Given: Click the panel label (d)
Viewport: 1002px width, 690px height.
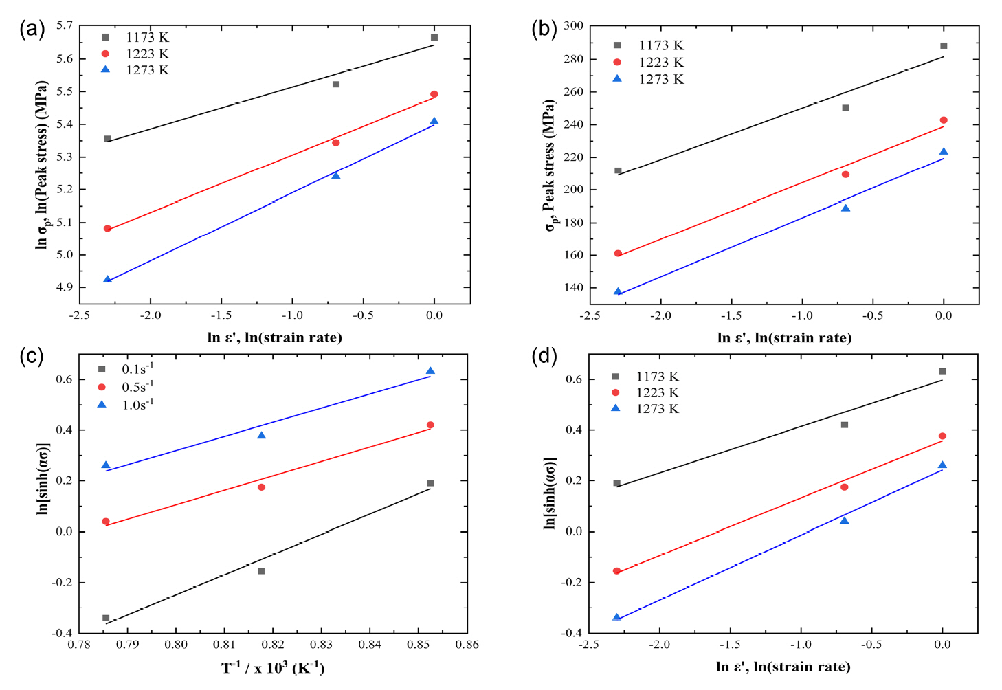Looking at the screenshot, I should pyautogui.click(x=544, y=356).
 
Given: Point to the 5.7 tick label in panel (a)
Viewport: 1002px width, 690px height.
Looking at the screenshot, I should pyautogui.click(x=65, y=25).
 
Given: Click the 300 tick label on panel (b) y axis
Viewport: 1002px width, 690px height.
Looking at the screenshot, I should pyautogui.click(x=573, y=25).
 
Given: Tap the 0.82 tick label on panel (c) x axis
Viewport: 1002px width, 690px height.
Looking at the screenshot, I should pyautogui.click(x=273, y=645).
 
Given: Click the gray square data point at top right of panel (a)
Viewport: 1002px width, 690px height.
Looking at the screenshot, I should pyautogui.click(x=434, y=38).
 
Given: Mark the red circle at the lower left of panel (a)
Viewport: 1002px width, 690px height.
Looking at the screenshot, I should pyautogui.click(x=108, y=228).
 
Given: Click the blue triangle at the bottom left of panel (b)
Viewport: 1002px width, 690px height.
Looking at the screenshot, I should pyautogui.click(x=618, y=292).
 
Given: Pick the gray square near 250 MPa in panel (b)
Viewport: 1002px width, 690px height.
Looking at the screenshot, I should pyautogui.click(x=845, y=108).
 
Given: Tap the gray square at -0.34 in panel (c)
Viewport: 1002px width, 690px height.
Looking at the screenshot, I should pyautogui.click(x=106, y=618).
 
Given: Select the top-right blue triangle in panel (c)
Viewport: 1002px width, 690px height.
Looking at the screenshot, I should pyautogui.click(x=430, y=371).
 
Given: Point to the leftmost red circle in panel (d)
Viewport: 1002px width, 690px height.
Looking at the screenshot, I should pyautogui.click(x=616, y=571).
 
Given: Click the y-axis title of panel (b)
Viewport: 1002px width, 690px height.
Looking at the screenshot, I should pyautogui.click(x=549, y=165).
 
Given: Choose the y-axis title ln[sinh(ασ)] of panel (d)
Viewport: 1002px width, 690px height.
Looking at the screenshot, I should pyautogui.click(x=550, y=493).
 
